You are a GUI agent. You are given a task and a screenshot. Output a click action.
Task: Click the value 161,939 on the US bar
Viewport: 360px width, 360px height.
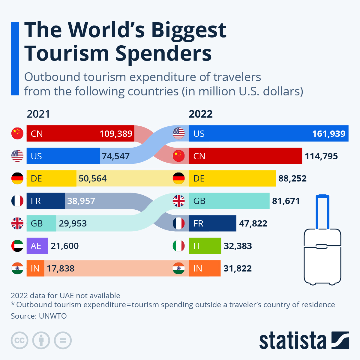tap(328, 133)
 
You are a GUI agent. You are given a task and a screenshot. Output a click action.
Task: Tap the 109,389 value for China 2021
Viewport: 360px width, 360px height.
tap(116, 133)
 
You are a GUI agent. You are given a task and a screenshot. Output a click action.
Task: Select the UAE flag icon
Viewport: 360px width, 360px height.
tap(17, 246)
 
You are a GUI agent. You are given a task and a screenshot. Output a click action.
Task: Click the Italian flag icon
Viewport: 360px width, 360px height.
tap(179, 246)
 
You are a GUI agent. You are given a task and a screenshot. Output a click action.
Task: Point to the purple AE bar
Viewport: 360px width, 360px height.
tap(37, 246)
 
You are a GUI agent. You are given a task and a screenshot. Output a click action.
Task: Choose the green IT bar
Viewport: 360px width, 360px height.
tap(205, 246)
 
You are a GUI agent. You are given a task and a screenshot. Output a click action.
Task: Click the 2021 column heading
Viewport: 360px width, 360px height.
tap(38, 114)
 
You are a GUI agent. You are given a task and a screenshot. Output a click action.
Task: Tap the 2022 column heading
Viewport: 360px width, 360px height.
tap(201, 114)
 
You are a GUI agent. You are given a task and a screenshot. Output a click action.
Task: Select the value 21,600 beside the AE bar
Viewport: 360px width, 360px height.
tap(65, 246)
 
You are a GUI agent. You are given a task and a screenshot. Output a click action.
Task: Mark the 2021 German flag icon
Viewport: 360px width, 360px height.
tap(17, 178)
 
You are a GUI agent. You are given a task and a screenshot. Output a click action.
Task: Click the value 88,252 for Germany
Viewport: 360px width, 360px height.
tap(292, 178)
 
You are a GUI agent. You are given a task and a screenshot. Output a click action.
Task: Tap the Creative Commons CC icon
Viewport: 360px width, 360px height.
tap(19, 340)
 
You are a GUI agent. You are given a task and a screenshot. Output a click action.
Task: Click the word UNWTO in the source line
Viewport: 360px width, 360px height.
tap(53, 316)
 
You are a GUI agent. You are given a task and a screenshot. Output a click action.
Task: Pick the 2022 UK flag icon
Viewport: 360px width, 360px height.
tap(179, 201)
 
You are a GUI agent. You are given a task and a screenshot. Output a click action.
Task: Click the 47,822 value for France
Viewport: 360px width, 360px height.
tap(253, 223)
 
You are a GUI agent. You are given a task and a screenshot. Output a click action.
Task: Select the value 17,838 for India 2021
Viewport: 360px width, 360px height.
tap(61, 268)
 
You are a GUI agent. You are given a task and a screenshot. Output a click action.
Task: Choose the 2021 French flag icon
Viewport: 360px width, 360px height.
tap(17, 201)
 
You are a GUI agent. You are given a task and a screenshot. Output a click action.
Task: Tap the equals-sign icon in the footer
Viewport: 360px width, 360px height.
tap(63, 340)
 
